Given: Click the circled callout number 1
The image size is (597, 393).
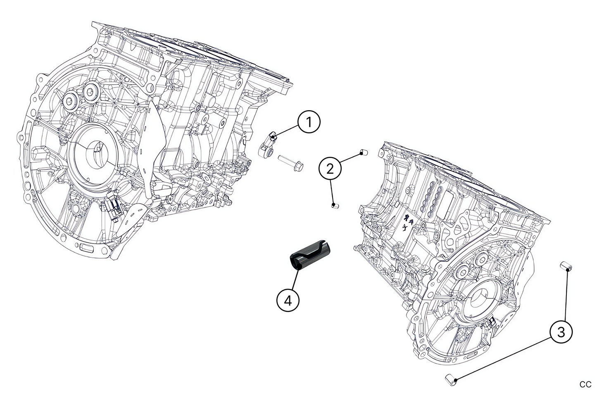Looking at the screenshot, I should (308, 123).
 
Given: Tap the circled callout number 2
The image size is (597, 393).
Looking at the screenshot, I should (330, 169).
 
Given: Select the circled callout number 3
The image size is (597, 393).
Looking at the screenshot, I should (561, 332).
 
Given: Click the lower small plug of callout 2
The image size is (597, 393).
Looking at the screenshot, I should (335, 205).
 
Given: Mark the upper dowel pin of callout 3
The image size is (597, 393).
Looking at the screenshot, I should (566, 266).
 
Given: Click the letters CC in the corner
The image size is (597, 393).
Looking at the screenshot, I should (585, 384).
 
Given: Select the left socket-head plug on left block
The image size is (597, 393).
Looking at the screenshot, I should (70, 102).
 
